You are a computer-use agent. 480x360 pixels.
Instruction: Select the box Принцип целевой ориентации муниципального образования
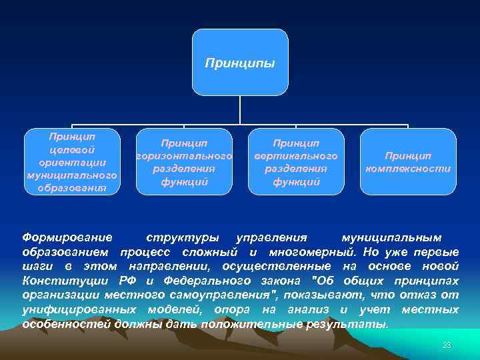coord(72,161)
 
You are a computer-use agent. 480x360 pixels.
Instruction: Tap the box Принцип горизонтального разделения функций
coord(184,161)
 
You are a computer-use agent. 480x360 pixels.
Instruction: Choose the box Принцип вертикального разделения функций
coord(296,161)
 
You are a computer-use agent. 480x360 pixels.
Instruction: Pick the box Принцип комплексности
coord(408,161)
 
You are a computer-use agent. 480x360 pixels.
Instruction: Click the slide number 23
coord(447,345)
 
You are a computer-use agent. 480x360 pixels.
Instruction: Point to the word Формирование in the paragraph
coord(67,237)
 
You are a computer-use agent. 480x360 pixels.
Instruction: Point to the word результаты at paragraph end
coord(352,325)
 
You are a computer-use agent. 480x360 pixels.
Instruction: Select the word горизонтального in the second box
coord(184,156)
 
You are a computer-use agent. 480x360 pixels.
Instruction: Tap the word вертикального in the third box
coord(296,156)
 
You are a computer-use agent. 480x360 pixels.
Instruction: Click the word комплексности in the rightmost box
coord(408,169)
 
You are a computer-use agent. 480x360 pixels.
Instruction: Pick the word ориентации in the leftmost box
coord(71,162)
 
